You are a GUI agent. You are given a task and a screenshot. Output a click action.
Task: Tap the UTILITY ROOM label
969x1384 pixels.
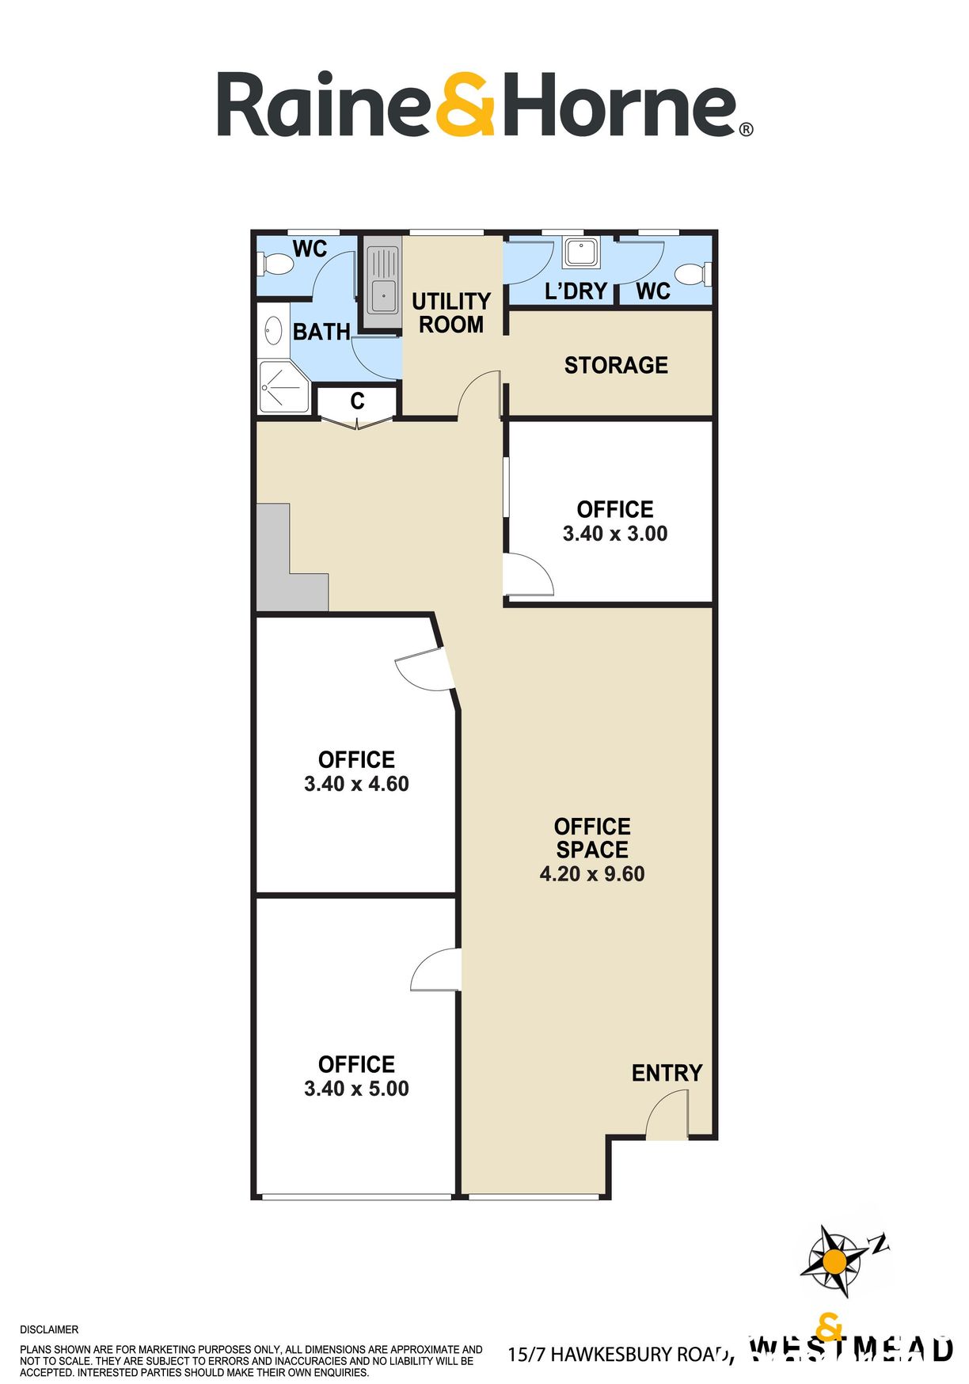click(451, 313)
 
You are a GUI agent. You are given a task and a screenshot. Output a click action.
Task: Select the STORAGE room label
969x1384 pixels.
click(616, 365)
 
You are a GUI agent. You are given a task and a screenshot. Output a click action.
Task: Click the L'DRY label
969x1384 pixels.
click(576, 291)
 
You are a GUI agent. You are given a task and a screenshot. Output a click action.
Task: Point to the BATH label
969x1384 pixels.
click(321, 332)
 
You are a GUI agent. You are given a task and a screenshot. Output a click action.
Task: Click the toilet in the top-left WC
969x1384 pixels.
click(274, 264)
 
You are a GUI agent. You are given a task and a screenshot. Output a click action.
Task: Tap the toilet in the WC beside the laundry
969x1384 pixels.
click(695, 274)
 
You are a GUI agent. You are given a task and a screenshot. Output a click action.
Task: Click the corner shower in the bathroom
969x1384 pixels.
click(282, 387)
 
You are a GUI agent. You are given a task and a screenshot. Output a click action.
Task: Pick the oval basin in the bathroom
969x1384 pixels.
click(274, 331)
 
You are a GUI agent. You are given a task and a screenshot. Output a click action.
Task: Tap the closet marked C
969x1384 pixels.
click(357, 401)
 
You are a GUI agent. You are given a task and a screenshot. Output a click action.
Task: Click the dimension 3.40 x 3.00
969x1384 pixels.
click(615, 534)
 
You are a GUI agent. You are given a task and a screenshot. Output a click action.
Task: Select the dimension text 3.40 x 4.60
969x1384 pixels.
click(356, 784)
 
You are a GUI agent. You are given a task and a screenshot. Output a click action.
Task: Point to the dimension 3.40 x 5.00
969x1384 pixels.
click(356, 1089)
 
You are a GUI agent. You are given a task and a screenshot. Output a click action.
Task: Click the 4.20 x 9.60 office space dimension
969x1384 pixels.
click(592, 874)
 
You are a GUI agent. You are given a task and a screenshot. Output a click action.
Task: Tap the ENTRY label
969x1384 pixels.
click(667, 1073)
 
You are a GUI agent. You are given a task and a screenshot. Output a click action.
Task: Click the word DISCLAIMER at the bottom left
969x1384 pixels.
click(49, 1329)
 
